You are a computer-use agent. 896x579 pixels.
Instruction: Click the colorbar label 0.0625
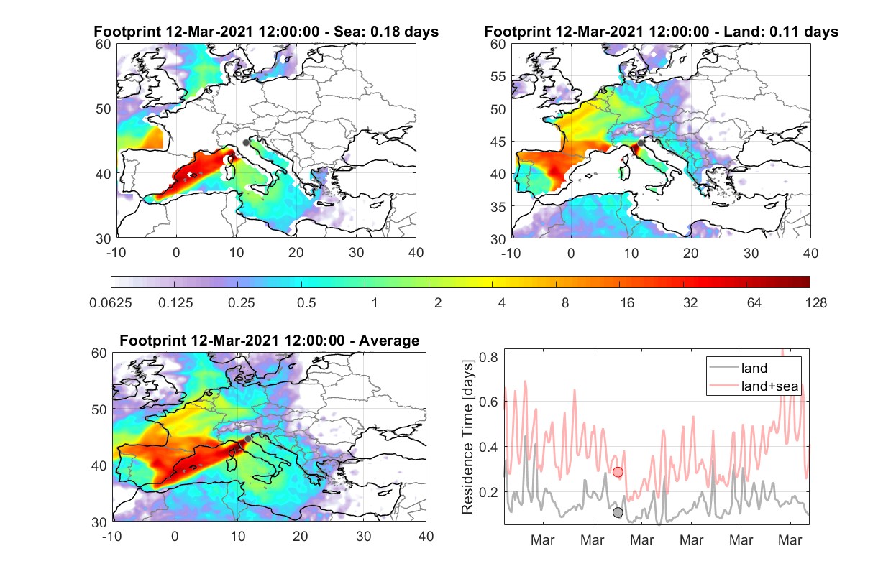111,303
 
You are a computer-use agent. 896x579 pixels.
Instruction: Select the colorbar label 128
815,303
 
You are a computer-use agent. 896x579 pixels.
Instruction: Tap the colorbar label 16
627,303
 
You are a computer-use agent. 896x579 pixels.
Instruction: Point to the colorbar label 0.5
306,303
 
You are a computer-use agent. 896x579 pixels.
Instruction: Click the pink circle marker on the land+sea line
618,472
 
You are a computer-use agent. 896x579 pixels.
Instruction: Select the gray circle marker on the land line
618,512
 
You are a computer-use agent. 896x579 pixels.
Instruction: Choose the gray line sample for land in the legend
723,367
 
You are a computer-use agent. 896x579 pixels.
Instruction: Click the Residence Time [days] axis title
467,437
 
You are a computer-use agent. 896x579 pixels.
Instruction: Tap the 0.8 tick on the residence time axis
488,356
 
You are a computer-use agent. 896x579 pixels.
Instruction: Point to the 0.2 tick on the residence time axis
488,492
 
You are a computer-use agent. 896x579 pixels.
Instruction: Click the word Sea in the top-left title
347,32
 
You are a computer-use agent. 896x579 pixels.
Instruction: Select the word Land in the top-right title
741,32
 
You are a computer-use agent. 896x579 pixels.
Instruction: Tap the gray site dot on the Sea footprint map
246,143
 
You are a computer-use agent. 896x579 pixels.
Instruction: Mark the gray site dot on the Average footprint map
248,439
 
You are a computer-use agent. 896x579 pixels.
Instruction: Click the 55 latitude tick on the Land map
498,76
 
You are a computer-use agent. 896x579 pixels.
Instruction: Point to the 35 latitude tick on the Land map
498,207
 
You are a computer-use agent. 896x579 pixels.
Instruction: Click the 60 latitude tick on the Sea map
104,45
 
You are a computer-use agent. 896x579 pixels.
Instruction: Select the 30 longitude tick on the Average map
363,536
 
